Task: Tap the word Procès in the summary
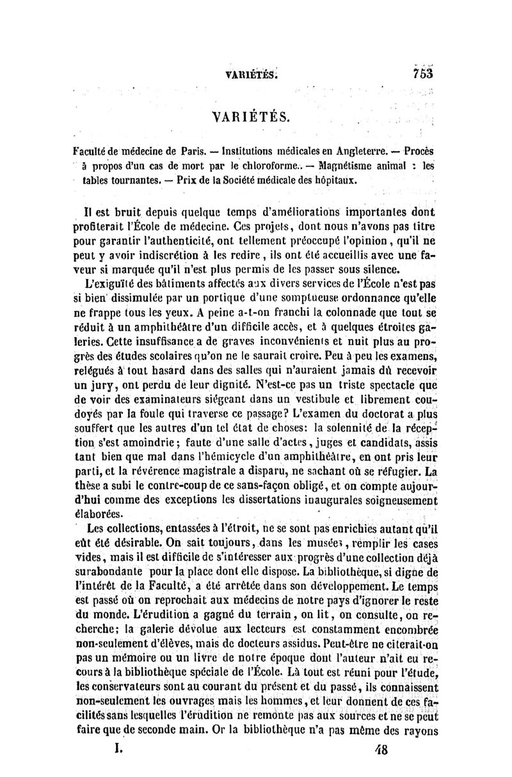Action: pos(417,152)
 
